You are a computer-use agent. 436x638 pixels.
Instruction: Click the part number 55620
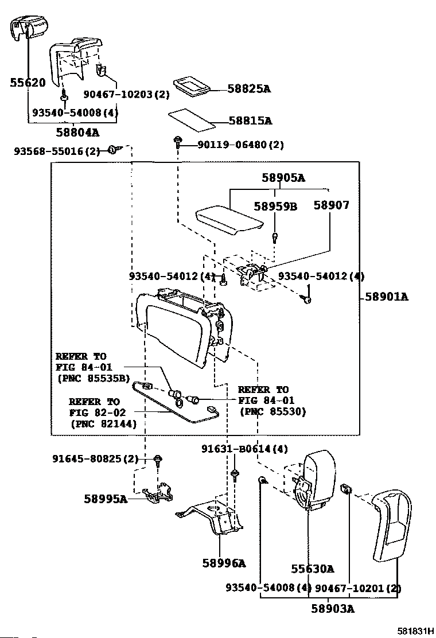coord(28,83)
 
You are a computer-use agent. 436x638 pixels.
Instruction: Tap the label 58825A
coord(249,89)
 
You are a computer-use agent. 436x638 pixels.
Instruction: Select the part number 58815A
coord(251,121)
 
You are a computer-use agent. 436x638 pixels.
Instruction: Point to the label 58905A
coord(283,178)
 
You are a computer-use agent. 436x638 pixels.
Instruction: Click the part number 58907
coord(332,205)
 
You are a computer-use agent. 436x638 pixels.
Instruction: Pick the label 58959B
coord(276,207)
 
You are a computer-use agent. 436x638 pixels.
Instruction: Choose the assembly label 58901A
coord(387,297)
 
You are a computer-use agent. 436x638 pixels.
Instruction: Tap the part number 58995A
coord(106,499)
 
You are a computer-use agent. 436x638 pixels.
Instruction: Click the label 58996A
coord(224,563)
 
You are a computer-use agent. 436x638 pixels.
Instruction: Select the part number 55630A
coord(312,569)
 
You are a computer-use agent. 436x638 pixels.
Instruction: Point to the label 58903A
coord(333,609)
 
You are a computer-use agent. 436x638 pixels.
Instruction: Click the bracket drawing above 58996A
coord(209,519)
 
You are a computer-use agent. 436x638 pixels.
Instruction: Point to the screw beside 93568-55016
coord(114,150)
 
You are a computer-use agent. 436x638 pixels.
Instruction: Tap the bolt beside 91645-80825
coord(158,460)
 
